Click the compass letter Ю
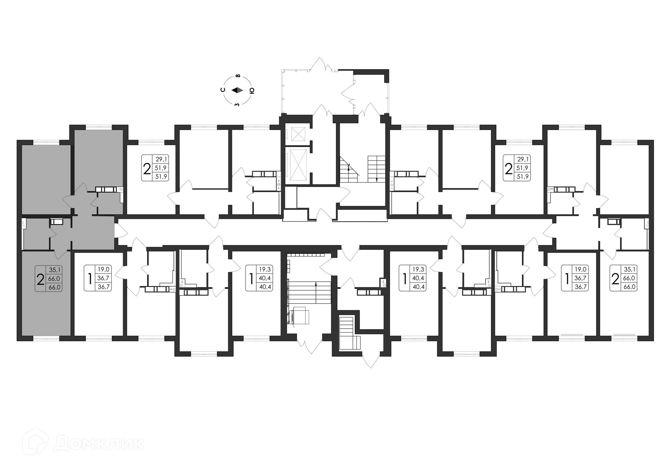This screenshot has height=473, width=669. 252,91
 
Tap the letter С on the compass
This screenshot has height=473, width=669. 223,90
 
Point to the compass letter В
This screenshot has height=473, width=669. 238,76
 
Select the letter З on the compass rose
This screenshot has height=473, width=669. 237,105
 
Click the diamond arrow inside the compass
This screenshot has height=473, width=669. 237,90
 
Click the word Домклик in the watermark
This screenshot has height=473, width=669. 99,444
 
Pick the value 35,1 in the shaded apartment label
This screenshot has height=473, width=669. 55,270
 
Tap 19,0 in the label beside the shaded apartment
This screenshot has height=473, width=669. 103,269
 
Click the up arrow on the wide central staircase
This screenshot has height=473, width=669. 316,293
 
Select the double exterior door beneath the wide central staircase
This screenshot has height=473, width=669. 310,343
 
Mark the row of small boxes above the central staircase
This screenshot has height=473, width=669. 306,254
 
